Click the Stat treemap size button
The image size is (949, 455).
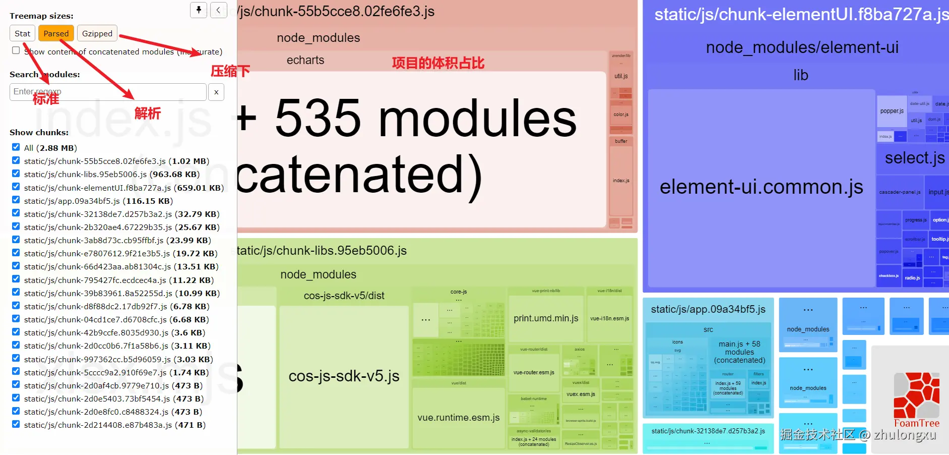click(22, 33)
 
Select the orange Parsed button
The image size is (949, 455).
click(56, 33)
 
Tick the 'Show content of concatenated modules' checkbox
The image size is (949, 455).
click(16, 50)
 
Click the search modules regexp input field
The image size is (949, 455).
click(108, 92)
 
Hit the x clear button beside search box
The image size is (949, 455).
click(216, 92)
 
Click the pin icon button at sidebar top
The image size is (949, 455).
click(199, 10)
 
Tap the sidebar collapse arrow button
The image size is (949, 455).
click(218, 10)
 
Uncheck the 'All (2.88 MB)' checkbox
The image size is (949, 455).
click(16, 147)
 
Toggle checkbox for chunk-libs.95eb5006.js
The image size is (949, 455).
click(16, 174)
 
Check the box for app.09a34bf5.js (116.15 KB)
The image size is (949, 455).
click(16, 200)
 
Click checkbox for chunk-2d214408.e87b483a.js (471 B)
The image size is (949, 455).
click(16, 424)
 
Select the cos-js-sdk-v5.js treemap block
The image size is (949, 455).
click(344, 376)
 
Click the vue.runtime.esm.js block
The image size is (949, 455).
click(458, 418)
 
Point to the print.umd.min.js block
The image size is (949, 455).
click(546, 318)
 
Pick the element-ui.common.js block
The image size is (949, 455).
click(761, 187)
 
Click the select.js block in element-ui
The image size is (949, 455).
click(914, 158)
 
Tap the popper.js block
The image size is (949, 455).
click(892, 111)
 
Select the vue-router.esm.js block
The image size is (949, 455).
click(534, 372)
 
